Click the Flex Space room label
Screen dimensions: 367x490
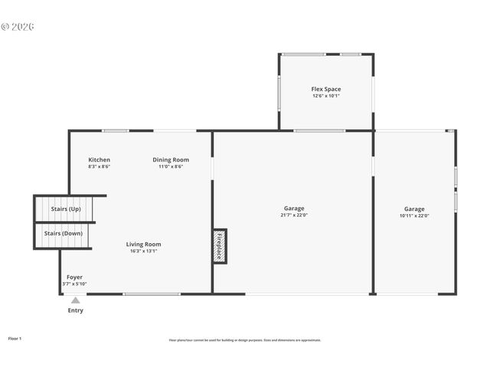[326, 89]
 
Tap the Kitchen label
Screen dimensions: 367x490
[99, 160]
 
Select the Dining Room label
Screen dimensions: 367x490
[171, 160]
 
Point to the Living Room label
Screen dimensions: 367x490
[144, 245]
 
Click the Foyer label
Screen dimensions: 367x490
[74, 277]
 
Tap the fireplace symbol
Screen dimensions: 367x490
[220, 246]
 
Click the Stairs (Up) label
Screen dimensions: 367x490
[66, 209]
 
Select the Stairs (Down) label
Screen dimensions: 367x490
[63, 233]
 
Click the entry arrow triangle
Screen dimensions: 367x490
[75, 300]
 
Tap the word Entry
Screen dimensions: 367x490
[76, 310]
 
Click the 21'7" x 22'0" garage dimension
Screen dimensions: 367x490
[294, 216]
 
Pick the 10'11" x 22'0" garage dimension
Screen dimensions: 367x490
[414, 216]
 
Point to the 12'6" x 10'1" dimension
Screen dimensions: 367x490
[326, 96]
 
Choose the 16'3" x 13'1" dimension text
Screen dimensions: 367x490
[144, 252]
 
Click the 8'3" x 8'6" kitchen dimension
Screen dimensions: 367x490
[99, 167]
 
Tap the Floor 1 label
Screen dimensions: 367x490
[15, 337]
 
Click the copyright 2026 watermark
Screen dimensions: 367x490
[18, 27]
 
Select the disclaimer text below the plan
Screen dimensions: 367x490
[245, 340]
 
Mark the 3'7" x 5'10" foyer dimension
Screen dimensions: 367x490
[74, 284]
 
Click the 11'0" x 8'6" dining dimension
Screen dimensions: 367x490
[171, 167]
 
